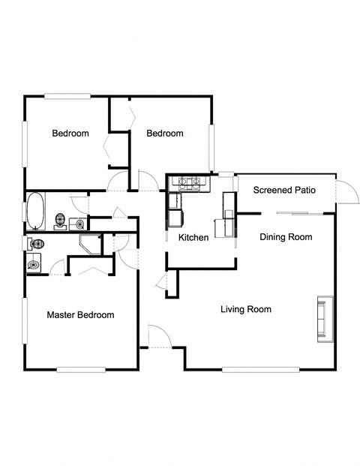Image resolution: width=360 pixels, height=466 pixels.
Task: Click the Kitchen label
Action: (193, 238)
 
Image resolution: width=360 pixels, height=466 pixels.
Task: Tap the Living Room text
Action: (245, 309)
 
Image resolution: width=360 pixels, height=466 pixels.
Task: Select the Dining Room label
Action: (285, 237)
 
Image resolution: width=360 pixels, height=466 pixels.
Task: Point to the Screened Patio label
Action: (283, 190)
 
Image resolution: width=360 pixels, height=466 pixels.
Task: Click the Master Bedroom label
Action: (80, 315)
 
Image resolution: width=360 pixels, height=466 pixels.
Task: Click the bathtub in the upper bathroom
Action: (35, 210)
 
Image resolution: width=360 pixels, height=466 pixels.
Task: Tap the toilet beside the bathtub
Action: (61, 221)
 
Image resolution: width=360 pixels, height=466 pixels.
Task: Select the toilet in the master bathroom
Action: (36, 244)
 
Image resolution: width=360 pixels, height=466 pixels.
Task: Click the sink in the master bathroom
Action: (33, 263)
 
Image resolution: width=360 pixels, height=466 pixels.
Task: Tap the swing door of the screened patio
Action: (346, 191)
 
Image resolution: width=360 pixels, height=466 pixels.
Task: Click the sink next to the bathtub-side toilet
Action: (80, 223)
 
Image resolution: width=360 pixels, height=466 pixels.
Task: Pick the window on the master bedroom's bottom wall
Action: (80, 368)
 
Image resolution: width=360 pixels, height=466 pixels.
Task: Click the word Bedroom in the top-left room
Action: (70, 134)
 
